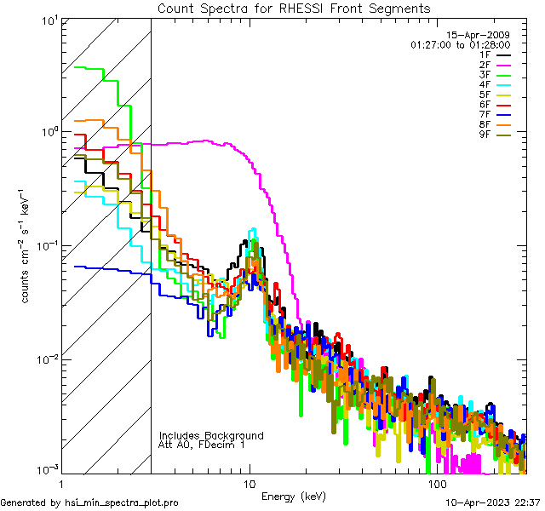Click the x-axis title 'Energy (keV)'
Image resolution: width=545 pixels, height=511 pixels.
(294, 496)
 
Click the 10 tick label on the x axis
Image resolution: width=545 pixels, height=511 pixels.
(249, 483)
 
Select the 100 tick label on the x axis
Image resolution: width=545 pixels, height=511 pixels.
(437, 483)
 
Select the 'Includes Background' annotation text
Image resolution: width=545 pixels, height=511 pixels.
(211, 436)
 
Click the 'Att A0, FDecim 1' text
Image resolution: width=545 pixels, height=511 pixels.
(202, 445)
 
